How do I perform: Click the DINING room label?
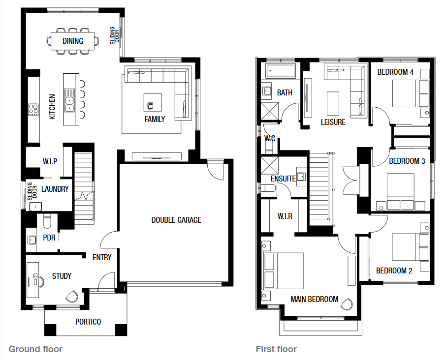click(x=73, y=41)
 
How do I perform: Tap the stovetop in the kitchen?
click(x=33, y=110)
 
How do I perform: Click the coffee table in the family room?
click(x=153, y=102)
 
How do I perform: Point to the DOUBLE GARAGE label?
click(x=176, y=220)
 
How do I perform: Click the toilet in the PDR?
click(x=47, y=221)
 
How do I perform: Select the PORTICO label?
click(x=88, y=322)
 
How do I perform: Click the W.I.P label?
click(x=50, y=162)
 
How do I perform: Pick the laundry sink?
click(x=35, y=207)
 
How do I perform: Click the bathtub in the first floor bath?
click(x=281, y=70)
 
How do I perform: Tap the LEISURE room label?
click(x=333, y=122)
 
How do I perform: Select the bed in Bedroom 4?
click(x=411, y=93)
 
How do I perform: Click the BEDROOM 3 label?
click(x=407, y=161)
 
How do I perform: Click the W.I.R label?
click(x=285, y=216)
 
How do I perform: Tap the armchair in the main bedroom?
click(x=347, y=304)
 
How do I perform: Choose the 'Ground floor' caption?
click(x=35, y=349)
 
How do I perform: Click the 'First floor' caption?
click(x=276, y=349)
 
